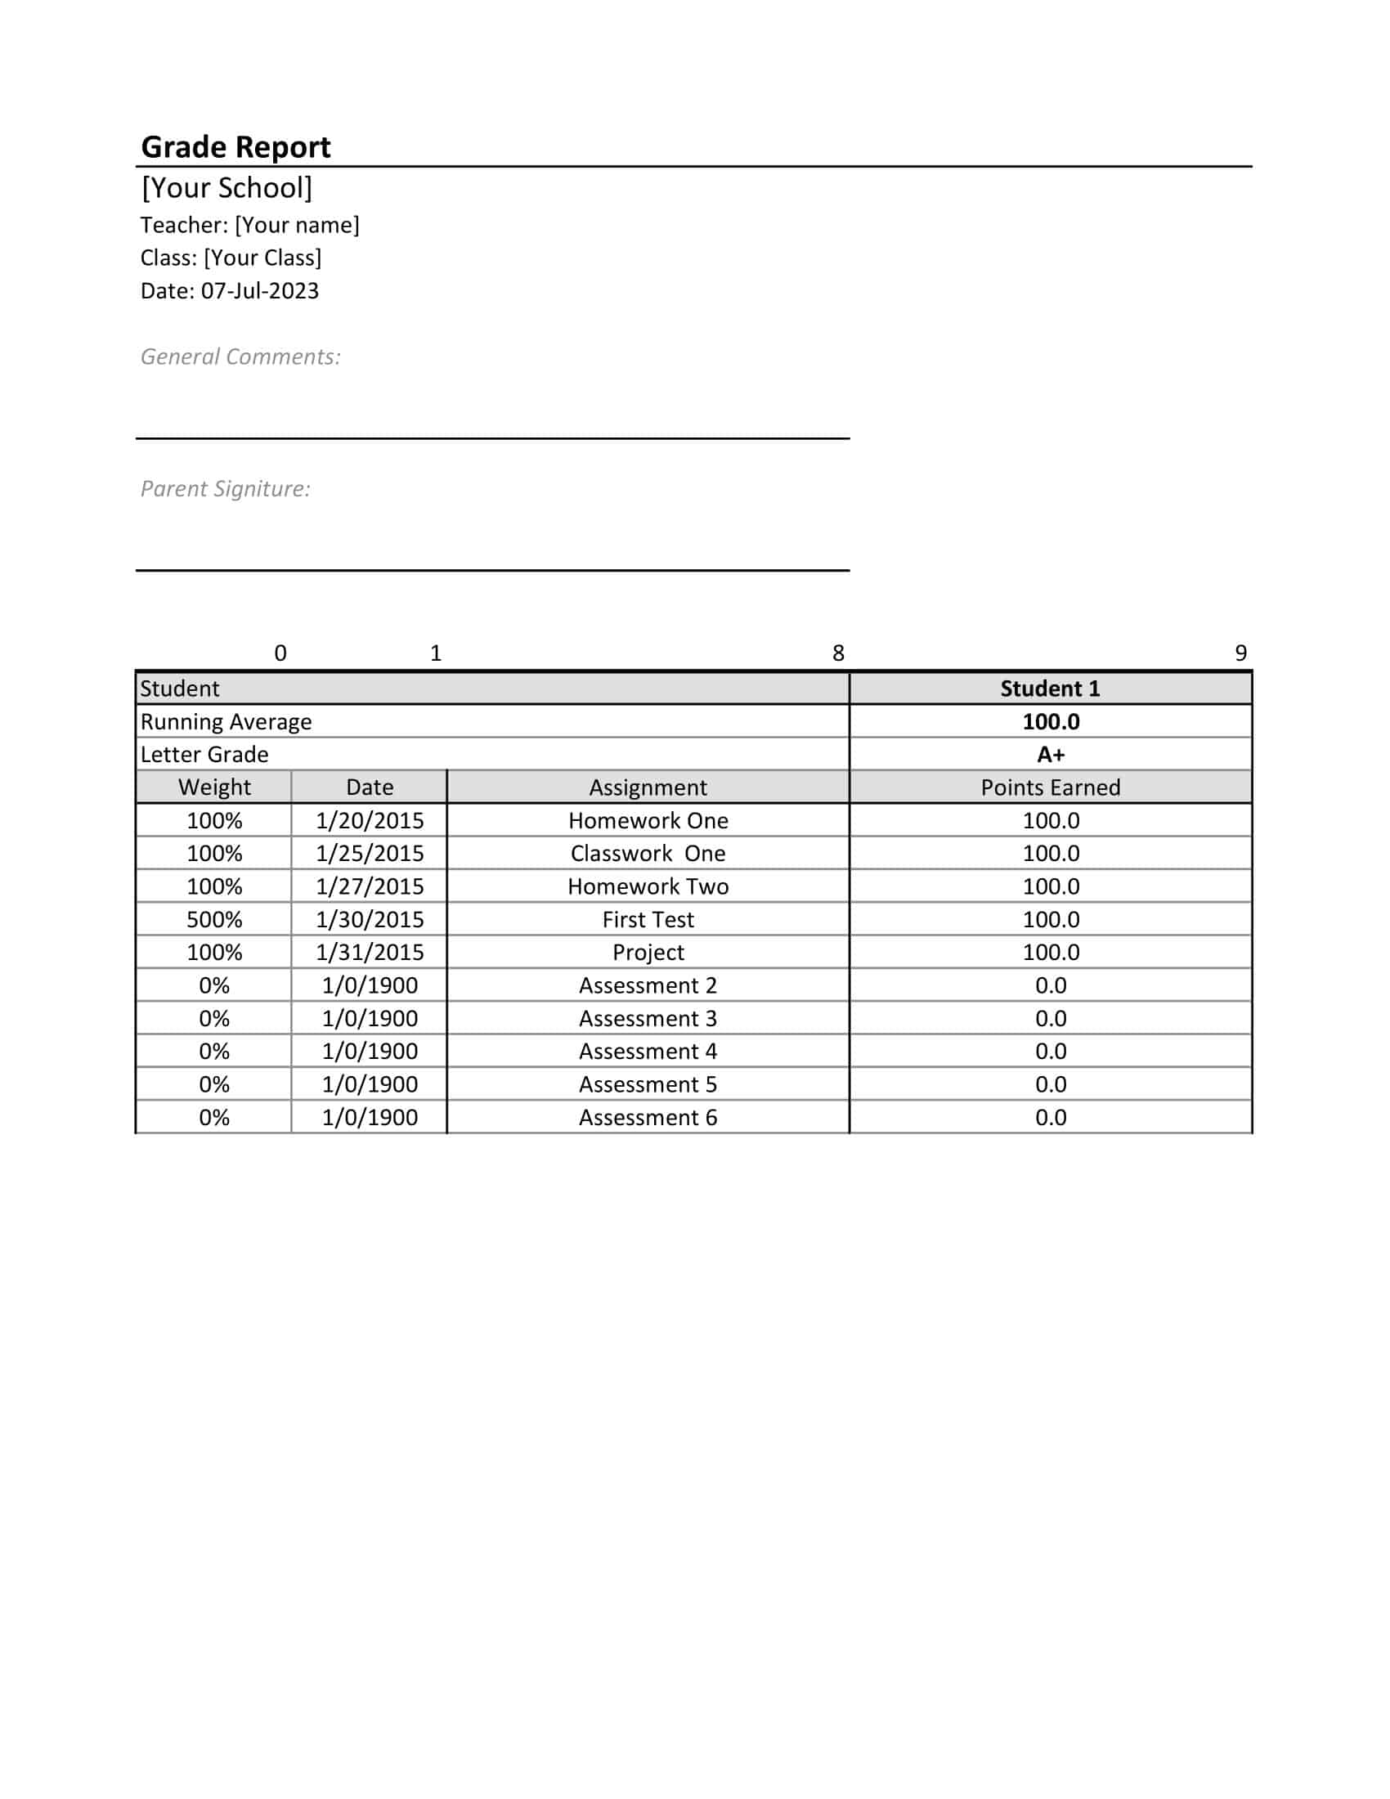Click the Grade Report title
235,146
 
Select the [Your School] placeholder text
226,188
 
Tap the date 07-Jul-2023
259,291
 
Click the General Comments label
240,357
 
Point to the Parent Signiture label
225,488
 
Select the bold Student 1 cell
1050,689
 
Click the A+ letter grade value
1050,755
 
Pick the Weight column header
214,787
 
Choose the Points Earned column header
1050,787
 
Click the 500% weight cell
214,919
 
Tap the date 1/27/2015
370,886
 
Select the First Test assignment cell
648,919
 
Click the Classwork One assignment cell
648,854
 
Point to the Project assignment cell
648,952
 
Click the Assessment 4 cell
648,1051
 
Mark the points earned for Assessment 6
1050,1117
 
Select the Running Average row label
226,721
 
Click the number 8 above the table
838,653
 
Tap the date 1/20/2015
370,820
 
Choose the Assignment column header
648,787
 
